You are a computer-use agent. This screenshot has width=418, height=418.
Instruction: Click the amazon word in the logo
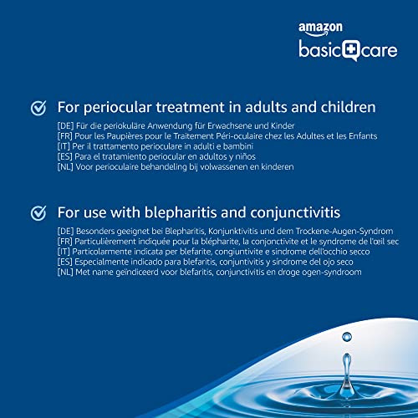pyautogui.click(x=320, y=28)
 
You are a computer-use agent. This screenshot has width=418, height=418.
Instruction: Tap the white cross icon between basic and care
pyautogui.click(x=349, y=49)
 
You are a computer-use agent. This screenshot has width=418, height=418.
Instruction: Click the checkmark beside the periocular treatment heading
pyautogui.click(x=38, y=108)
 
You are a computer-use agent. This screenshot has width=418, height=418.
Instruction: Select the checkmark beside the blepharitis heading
pyautogui.click(x=38, y=213)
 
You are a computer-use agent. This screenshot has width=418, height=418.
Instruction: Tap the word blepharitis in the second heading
pyautogui.click(x=181, y=213)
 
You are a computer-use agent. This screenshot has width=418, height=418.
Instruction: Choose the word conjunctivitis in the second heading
pyautogui.click(x=295, y=213)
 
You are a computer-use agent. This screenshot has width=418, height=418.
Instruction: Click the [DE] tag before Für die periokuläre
pyautogui.click(x=65, y=126)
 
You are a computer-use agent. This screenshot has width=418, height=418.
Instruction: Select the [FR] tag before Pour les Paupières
pyautogui.click(x=65, y=136)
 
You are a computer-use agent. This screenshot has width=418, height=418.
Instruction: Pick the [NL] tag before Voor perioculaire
pyautogui.click(x=65, y=167)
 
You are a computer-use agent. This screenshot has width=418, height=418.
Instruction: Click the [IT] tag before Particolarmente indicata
pyautogui.click(x=64, y=252)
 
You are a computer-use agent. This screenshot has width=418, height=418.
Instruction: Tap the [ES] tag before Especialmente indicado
pyautogui.click(x=65, y=262)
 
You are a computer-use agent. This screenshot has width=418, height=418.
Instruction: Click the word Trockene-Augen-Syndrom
pyautogui.click(x=344, y=232)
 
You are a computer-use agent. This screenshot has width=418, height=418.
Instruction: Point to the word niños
pyautogui.click(x=246, y=156)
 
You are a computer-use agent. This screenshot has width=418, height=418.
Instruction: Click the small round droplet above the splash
pyautogui.click(x=347, y=337)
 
